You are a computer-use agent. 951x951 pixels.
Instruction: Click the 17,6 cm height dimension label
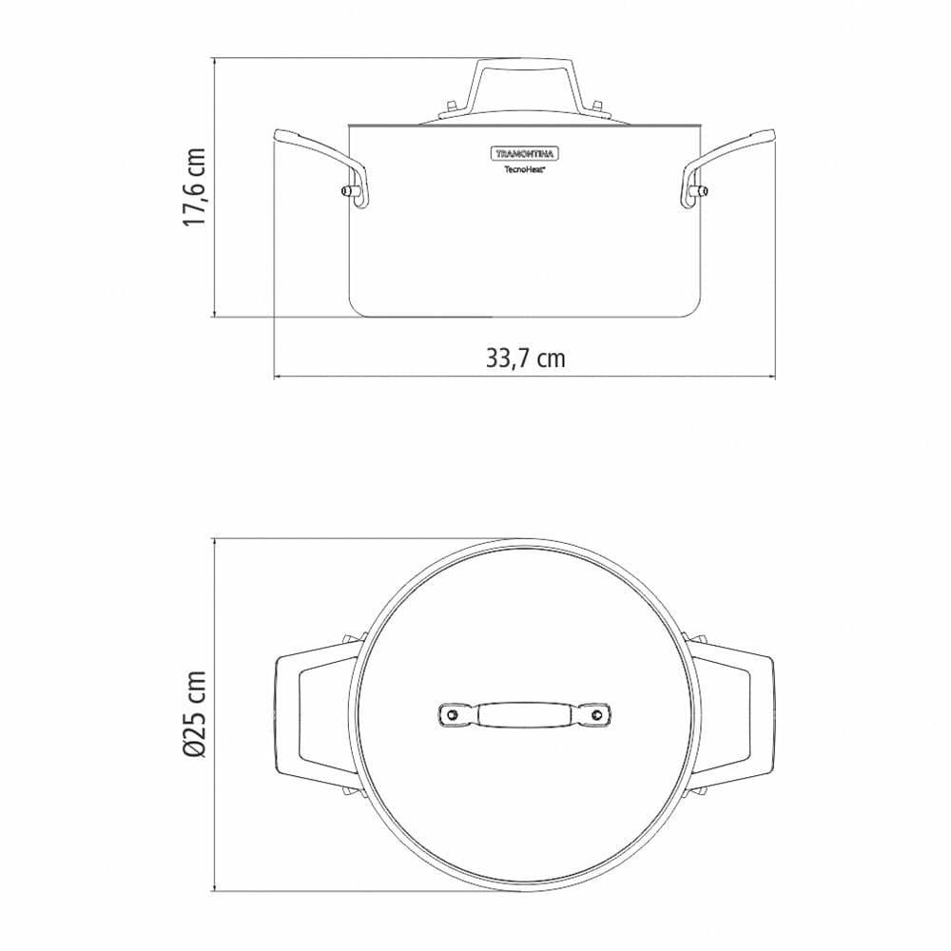click(195, 187)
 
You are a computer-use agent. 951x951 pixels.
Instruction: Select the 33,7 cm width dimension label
click(526, 359)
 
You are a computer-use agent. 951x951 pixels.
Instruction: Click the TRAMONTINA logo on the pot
click(525, 153)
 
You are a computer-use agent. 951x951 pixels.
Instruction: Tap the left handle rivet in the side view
click(350, 194)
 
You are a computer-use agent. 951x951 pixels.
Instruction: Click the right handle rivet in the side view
click(701, 194)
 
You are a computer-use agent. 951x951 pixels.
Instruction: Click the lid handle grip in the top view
click(525, 714)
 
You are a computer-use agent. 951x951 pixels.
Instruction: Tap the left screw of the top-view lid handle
click(454, 714)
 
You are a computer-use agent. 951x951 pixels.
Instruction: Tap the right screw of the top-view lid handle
click(597, 714)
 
